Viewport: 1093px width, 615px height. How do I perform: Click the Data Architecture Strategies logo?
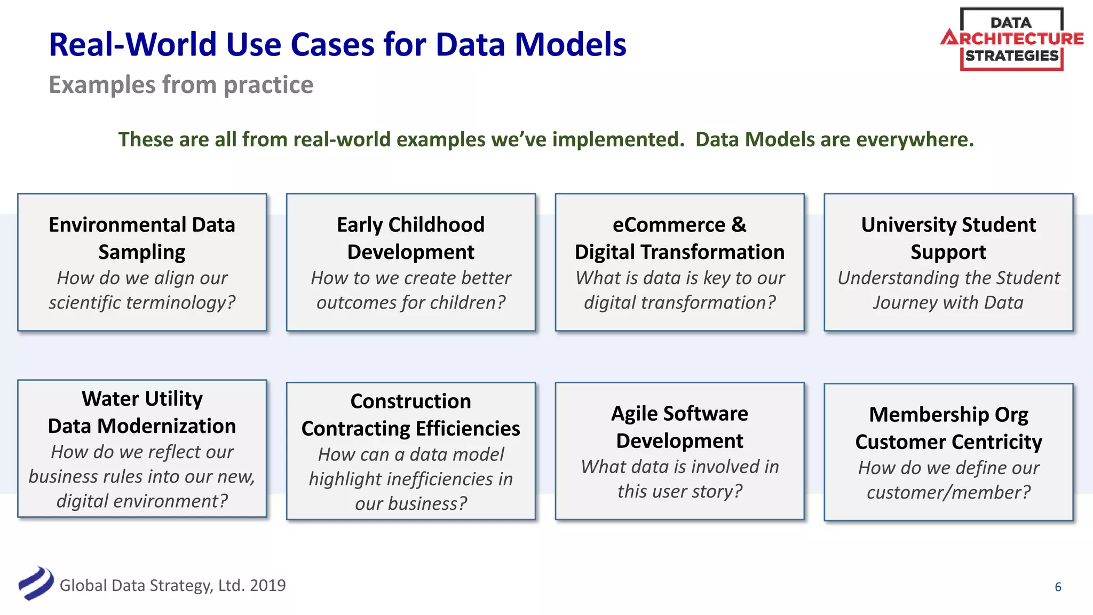[1011, 39]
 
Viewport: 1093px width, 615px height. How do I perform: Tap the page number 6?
[1058, 587]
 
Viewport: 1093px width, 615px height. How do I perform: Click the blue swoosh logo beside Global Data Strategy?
[36, 584]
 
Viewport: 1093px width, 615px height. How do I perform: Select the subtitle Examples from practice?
[181, 85]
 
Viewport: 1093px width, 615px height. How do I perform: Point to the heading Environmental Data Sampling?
[142, 238]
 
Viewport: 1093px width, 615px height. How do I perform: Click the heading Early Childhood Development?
[410, 238]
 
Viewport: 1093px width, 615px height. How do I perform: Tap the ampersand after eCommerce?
[739, 225]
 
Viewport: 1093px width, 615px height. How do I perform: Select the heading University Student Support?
[948, 238]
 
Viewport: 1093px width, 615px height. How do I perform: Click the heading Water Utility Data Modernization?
[142, 412]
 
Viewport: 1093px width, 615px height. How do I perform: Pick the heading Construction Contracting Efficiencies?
[410, 415]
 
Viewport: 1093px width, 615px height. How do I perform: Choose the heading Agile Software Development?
[679, 427]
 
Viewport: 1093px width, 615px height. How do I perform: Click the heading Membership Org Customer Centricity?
[948, 428]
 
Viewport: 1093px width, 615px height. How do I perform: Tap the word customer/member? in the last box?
[948, 492]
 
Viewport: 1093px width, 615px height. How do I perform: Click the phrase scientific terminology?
[142, 303]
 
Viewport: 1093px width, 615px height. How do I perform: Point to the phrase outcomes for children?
[410, 303]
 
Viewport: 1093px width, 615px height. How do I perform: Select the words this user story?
[679, 491]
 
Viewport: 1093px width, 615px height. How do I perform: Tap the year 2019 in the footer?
[267, 586]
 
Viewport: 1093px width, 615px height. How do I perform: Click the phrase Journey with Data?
[948, 303]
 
